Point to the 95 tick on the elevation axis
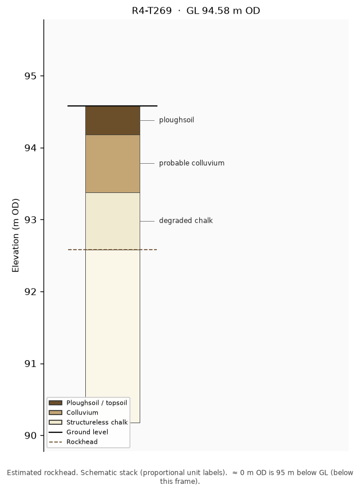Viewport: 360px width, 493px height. tap(30, 76)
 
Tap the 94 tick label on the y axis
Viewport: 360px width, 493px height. tap(30, 148)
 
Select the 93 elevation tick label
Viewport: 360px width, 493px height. tap(30, 220)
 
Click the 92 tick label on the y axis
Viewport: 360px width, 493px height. tap(30, 292)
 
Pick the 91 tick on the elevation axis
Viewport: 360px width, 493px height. tap(30, 364)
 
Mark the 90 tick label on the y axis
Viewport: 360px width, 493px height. tap(30, 436)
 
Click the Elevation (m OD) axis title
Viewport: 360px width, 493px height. tap(15, 235)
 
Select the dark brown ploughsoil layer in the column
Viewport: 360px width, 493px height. tap(113, 120)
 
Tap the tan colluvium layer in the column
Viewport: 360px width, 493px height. tap(113, 164)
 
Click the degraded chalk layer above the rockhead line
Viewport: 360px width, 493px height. tap(113, 221)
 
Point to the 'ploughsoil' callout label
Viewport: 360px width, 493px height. tap(176, 120)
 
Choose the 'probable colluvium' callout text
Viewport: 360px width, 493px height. tap(192, 163)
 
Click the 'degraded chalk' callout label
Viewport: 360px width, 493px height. tap(186, 220)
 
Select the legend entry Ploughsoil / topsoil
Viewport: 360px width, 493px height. tap(88, 403)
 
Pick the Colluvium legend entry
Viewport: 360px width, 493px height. tap(74, 412)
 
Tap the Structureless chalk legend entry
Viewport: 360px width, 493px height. tap(88, 422)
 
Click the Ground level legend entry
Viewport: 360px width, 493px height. tap(78, 432)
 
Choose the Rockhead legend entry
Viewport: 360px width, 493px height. tap(73, 441)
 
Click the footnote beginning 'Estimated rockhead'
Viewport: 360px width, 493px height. tap(180, 477)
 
